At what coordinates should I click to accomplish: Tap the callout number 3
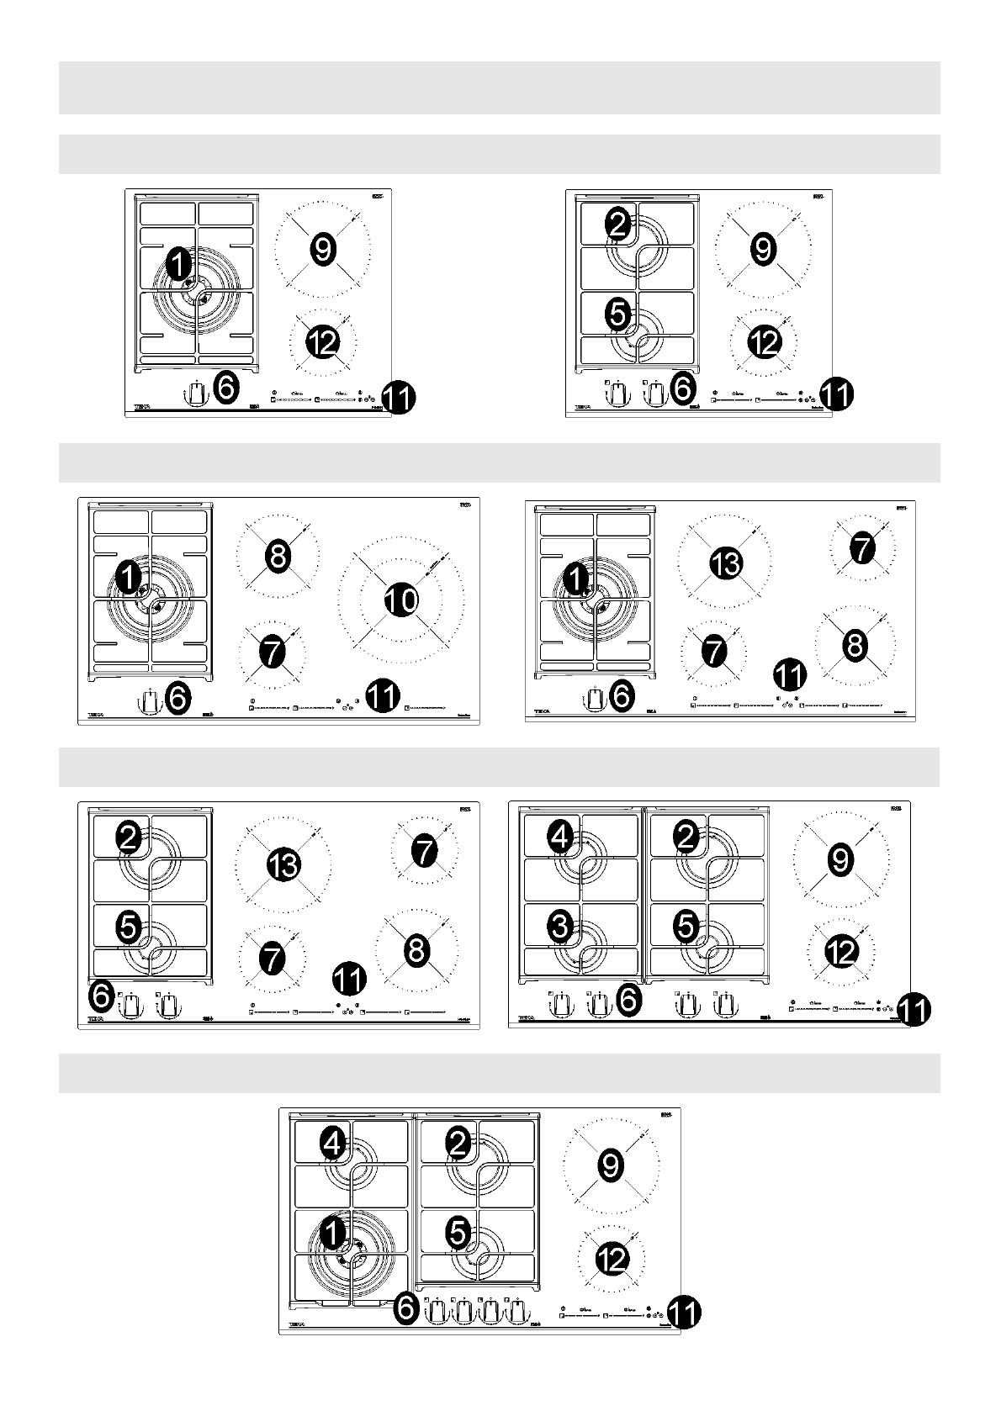coord(560,927)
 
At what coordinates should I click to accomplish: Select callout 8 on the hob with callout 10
coord(278,556)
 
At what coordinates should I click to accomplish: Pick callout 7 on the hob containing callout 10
coord(271,653)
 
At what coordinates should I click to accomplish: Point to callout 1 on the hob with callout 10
coord(127,578)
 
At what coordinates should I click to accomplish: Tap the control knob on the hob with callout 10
coord(149,701)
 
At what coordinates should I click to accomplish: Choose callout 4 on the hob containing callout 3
coord(560,836)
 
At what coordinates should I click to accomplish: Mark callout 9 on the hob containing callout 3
coord(840,859)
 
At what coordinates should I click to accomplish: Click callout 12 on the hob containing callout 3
coord(841,952)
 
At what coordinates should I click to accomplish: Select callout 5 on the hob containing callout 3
coord(686,927)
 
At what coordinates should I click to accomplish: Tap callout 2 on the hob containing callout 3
coord(686,837)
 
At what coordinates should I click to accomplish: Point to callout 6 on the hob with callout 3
coord(628,999)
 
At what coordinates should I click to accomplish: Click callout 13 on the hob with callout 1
coord(725,563)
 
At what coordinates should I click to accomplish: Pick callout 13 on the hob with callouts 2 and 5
coord(283,864)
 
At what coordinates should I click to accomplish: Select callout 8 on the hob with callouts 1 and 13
coord(854,646)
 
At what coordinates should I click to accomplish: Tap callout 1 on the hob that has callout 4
coord(333,1234)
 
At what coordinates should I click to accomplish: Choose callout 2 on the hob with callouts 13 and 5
coord(129,837)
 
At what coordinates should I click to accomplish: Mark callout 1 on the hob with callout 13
coord(575,578)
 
